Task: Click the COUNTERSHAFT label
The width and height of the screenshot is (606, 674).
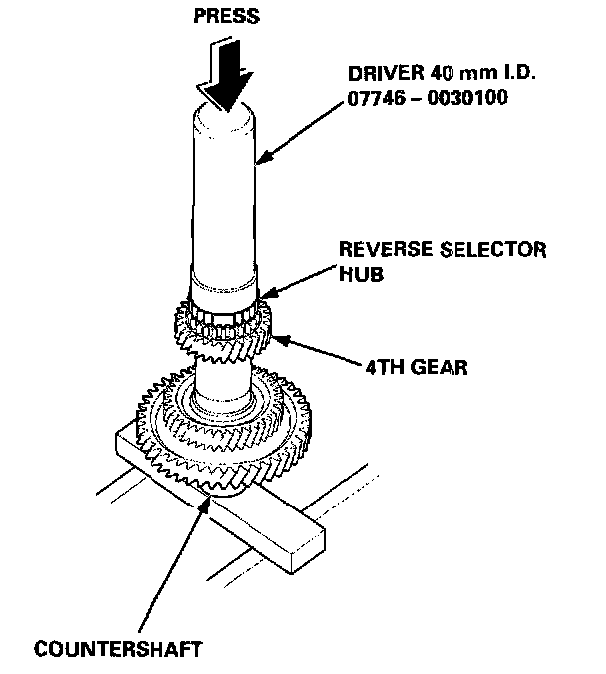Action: pos(119,649)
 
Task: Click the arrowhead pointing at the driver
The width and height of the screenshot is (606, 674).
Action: pos(261,159)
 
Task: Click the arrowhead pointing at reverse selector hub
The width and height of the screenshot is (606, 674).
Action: pos(264,296)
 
